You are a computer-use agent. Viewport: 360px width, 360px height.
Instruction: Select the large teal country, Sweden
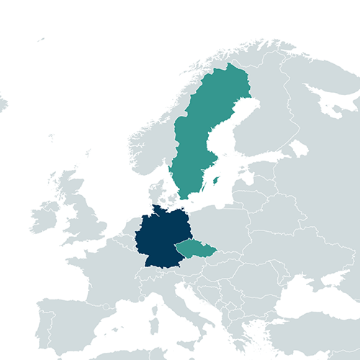click(x=198, y=137)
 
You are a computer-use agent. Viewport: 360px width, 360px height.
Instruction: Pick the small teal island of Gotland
click(x=215, y=180)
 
